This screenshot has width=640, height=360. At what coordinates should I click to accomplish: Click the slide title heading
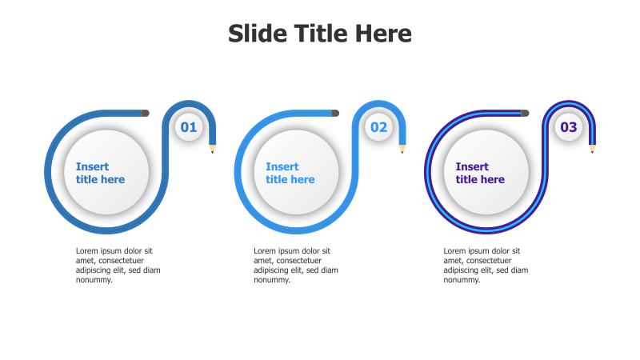[320, 34]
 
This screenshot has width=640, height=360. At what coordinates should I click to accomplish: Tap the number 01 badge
[188, 127]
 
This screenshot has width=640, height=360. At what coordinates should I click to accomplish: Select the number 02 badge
[378, 127]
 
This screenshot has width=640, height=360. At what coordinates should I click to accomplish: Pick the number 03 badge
[568, 127]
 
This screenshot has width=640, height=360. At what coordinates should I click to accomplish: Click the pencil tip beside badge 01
[213, 149]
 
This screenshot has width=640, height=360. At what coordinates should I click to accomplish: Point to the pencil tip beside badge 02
[402, 149]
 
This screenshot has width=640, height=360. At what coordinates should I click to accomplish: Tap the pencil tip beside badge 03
[592, 149]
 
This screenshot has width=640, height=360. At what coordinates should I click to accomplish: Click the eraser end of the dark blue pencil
[146, 113]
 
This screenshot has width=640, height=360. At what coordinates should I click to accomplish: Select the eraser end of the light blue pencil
[335, 113]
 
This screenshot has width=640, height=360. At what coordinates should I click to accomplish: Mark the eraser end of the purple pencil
[525, 113]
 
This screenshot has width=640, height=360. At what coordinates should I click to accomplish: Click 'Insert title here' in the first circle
[100, 173]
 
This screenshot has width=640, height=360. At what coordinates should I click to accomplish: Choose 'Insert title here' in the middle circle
[290, 173]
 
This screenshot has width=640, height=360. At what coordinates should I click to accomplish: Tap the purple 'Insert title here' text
[480, 173]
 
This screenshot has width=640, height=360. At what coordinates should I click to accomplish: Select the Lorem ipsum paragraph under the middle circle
[295, 265]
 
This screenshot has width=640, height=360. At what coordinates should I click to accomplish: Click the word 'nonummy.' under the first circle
[94, 280]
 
